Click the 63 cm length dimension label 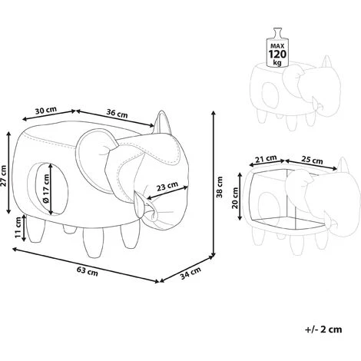click(88, 271)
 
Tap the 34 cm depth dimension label click(190, 273)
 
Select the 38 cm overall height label click(220, 187)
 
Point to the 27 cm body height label click(4, 176)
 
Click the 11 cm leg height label click(18, 227)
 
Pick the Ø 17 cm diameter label click(45, 189)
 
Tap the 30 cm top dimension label click(46, 111)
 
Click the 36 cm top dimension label click(117, 113)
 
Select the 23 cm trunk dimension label click(167, 187)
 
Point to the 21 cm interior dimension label click(267, 159)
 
